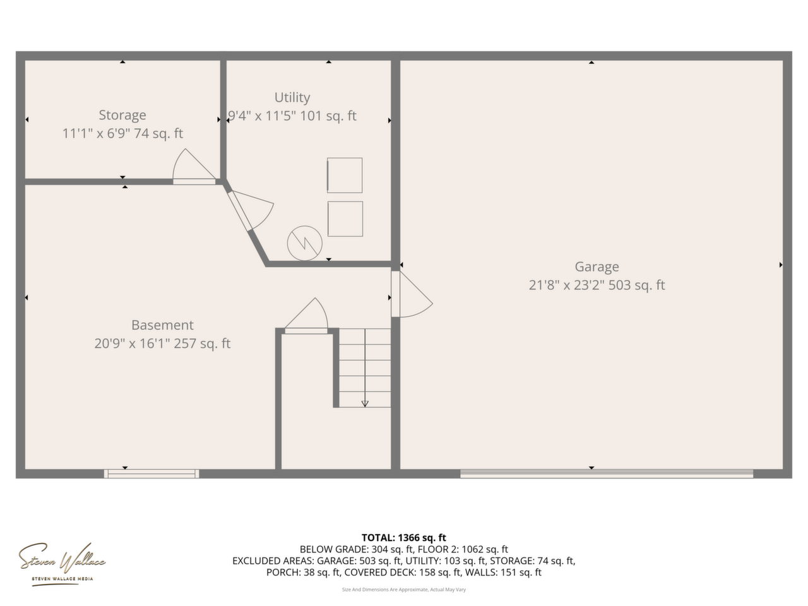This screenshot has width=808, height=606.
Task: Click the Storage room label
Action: tap(122, 115)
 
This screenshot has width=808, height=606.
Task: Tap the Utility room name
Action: tap(292, 97)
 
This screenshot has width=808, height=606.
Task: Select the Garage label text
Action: tap(597, 267)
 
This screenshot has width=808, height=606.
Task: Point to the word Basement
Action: tap(162, 325)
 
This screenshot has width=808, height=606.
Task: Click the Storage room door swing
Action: tap(194, 166)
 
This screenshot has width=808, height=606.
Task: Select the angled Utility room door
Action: tap(251, 210)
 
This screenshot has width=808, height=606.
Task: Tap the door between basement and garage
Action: tap(412, 294)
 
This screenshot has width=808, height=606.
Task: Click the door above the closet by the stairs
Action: tap(306, 316)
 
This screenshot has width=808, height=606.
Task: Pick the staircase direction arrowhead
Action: tap(365, 403)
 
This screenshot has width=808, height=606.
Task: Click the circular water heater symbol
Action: tap(304, 243)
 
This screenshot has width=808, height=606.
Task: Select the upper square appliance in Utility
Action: tap(345, 175)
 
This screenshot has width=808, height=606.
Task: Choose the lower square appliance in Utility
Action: tap(345, 218)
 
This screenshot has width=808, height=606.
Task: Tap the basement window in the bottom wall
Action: tap(151, 473)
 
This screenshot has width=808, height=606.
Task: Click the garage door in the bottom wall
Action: tap(606, 473)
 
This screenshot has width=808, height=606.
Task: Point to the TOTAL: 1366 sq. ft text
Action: tap(404, 538)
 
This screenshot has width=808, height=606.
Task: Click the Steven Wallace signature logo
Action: tap(62, 564)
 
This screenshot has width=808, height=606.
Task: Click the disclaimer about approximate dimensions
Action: tap(404, 590)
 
